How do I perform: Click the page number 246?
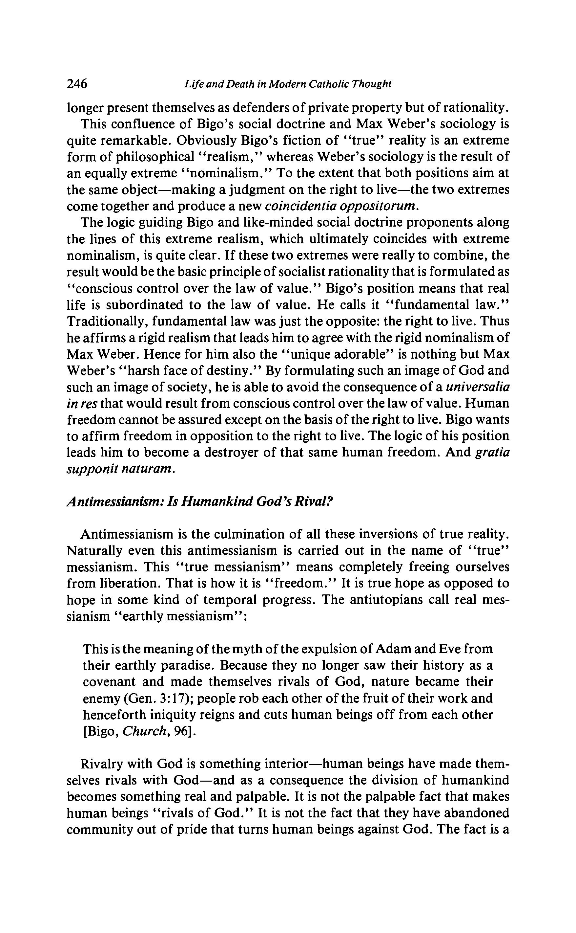77,83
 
